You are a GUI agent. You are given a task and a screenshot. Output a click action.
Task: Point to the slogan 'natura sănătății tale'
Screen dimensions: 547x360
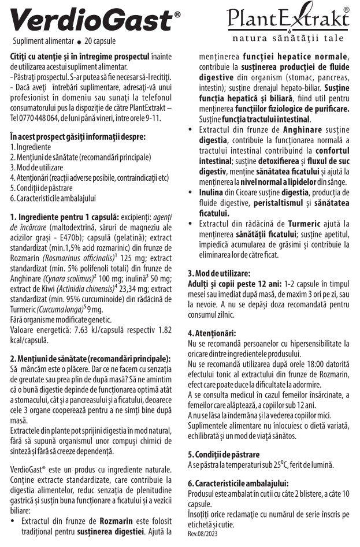coord(287,39)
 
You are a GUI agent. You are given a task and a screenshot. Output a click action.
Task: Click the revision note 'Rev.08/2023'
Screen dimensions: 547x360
coord(202,534)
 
